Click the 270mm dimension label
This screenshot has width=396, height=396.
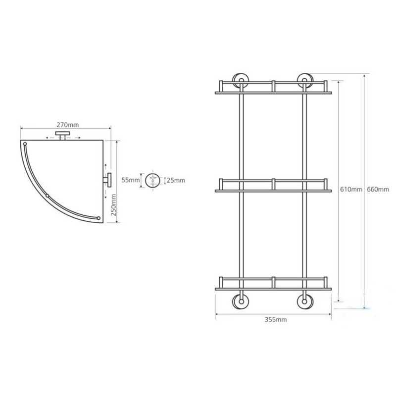pos(67,125)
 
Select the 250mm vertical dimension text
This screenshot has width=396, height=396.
pos(114,205)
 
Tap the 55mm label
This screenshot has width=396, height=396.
pos(131,180)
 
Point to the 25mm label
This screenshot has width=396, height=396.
pos(176,180)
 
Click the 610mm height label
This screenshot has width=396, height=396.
pos(351,189)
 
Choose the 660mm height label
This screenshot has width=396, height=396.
pos(378,189)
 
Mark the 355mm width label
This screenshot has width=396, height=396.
pos(276,320)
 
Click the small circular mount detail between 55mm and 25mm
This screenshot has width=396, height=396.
pos(152,180)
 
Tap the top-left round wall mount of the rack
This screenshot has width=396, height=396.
pos(241,81)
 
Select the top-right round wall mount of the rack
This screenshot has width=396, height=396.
pos(305,81)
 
